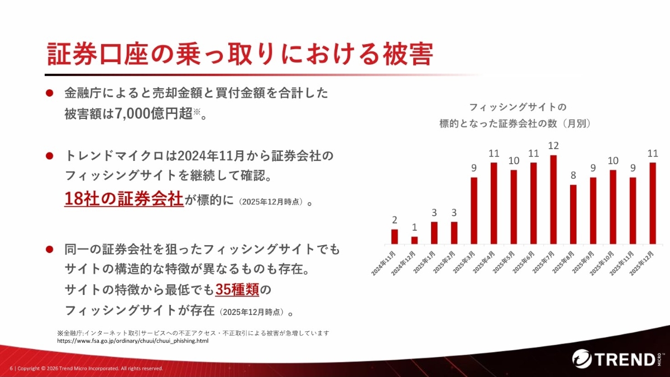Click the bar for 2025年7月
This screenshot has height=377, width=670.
click(553, 199)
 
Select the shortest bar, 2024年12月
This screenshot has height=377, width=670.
click(414, 240)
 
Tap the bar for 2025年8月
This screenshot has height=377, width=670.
click(573, 214)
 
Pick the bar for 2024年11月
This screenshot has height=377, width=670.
click(395, 237)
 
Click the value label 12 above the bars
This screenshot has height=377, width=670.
click(553, 146)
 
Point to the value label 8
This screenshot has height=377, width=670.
click(573, 175)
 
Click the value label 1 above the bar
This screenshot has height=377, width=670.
click(414, 227)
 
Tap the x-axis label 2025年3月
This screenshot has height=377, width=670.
click(463, 263)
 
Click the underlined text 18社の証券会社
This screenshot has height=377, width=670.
click(124, 198)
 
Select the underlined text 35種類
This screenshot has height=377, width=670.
click(237, 289)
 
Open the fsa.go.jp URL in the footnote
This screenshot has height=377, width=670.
click(133, 341)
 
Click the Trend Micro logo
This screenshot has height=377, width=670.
click(616, 359)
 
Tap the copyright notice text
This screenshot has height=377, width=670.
click(87, 368)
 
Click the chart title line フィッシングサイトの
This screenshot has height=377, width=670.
click(518, 107)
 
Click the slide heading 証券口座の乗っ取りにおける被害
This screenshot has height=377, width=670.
click(240, 54)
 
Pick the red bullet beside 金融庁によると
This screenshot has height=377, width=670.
click(49, 93)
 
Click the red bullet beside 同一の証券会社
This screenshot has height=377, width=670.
click(49, 249)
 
